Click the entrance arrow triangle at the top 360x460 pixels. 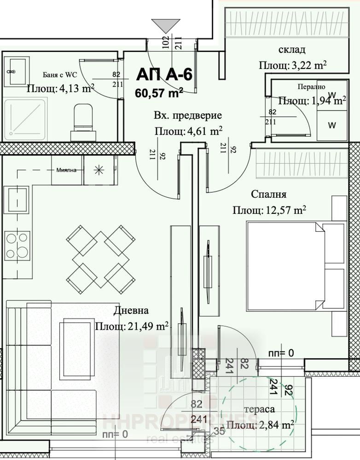166,26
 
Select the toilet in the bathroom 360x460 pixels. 83,121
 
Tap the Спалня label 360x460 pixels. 269,194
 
